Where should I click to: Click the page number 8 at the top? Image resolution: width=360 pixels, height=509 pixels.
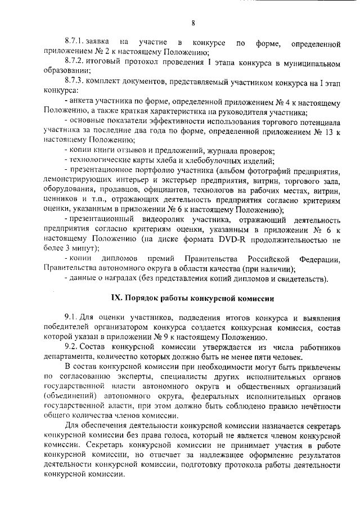pyautogui.click(x=192, y=22)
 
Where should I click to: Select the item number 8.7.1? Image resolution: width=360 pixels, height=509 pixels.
pyautogui.click(x=74, y=43)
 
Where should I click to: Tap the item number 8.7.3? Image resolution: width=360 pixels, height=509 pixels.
pyautogui.click(x=74, y=81)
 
